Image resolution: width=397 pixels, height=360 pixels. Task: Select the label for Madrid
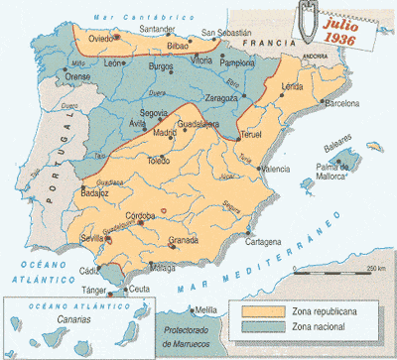pyautogui.click(x=164, y=132)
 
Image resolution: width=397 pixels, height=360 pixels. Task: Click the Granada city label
pyautogui.click(x=185, y=240)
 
